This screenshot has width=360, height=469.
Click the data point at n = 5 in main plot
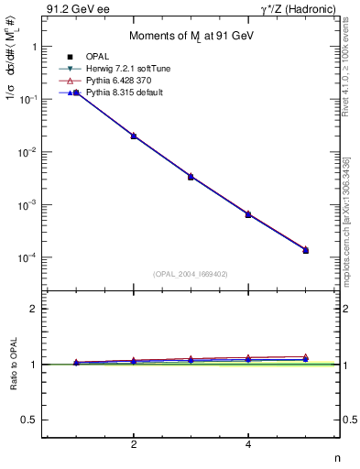coord(305,250)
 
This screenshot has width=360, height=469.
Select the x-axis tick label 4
coord(248,444)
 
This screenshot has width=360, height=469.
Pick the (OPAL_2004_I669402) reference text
coord(191,273)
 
